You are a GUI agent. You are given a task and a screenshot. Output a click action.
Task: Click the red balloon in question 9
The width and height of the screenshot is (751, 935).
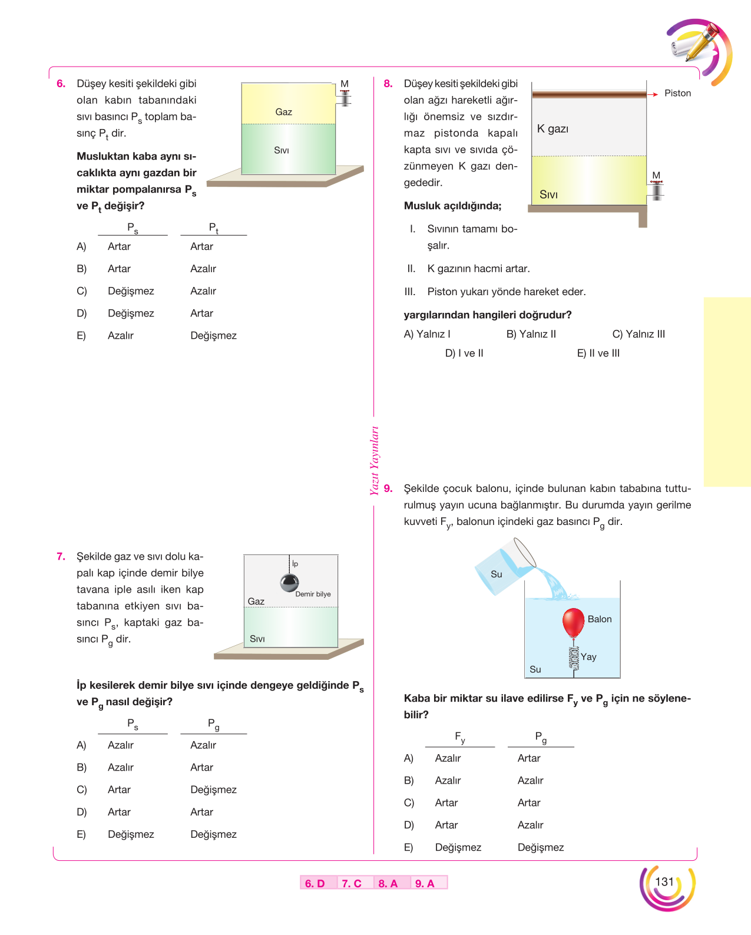click(573, 622)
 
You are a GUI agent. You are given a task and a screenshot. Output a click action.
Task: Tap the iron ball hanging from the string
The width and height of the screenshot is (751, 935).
click(289, 583)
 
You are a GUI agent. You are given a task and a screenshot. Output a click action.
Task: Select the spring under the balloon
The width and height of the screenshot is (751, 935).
click(574, 658)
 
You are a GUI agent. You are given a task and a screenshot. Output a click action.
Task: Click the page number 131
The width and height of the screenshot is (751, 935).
click(664, 881)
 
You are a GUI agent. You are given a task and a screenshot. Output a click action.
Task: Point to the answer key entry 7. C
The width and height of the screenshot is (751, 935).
click(352, 883)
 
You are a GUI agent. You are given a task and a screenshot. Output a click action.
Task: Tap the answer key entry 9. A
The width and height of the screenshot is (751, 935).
click(424, 883)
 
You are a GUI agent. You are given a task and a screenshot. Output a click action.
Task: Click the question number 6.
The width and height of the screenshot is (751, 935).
click(61, 84)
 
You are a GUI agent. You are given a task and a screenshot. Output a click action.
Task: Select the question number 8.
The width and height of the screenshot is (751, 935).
click(388, 84)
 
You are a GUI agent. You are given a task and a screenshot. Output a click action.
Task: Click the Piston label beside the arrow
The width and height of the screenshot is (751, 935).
click(677, 94)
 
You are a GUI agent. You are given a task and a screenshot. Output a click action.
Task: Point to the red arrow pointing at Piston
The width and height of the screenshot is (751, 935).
click(653, 94)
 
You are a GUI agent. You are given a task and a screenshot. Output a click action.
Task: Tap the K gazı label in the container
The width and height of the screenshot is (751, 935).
click(553, 128)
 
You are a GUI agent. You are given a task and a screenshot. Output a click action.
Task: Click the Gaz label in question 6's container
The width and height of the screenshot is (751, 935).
click(284, 112)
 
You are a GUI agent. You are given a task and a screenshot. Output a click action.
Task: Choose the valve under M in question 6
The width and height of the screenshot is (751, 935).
click(345, 98)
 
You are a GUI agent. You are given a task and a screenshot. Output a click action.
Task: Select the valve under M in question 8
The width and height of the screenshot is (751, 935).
click(656, 190)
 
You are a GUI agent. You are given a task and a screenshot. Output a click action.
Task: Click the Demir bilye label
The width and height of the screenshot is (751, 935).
click(313, 594)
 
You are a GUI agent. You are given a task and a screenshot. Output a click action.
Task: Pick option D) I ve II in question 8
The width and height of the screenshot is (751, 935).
click(464, 353)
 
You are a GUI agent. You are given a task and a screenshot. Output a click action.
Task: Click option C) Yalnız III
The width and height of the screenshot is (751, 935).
click(638, 334)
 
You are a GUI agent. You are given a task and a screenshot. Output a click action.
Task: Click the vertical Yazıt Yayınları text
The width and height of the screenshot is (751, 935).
click(375, 461)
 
